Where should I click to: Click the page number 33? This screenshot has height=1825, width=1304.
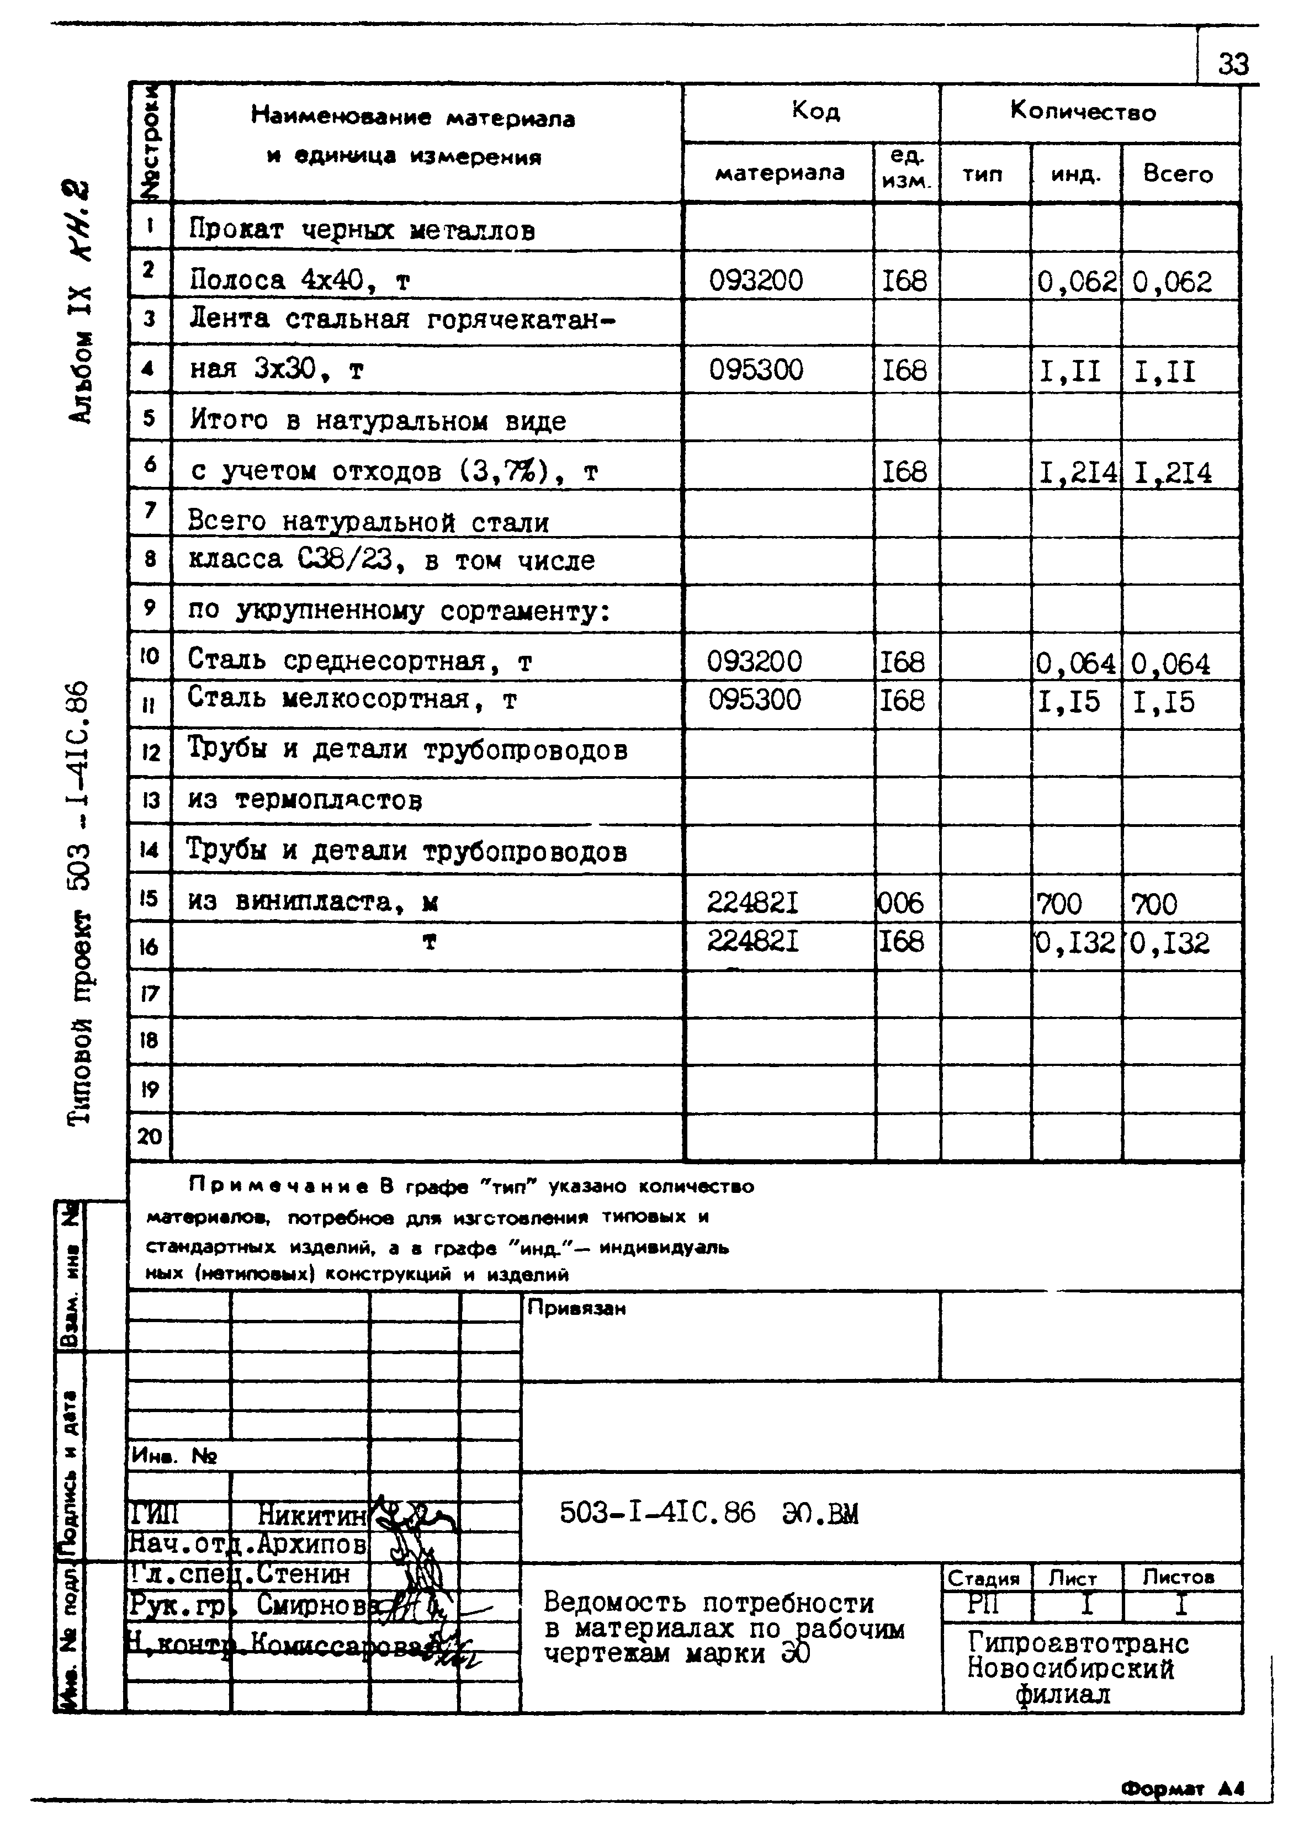click(1233, 63)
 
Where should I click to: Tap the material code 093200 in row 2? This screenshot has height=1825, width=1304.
click(756, 280)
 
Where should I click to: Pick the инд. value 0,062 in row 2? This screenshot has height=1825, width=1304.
click(1076, 282)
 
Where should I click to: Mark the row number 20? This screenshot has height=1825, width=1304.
click(150, 1136)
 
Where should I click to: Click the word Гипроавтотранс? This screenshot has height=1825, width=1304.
click(1078, 1643)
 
